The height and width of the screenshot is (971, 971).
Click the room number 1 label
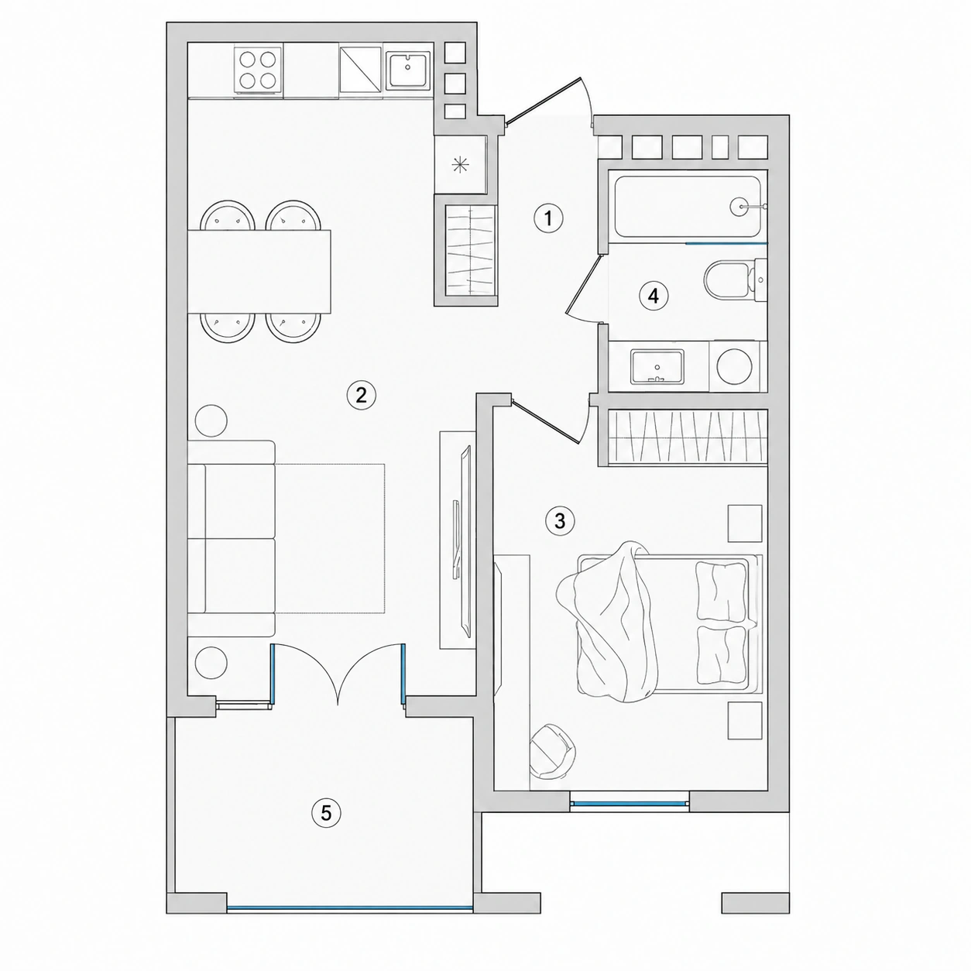pos(548,218)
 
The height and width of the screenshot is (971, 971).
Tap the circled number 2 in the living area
pos(362,395)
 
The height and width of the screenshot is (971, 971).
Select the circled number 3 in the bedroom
pos(560,521)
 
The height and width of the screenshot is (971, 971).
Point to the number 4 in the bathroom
pos(653,296)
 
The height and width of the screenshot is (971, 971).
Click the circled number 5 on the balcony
pos(326,827)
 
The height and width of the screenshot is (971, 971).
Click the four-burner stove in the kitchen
pos(257,70)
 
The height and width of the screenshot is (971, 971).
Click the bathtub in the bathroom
pos(688,206)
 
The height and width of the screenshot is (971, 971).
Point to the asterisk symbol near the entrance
pos(460,165)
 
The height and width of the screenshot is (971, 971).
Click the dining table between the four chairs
pos(259,271)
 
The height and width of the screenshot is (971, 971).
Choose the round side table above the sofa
pos(211,420)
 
